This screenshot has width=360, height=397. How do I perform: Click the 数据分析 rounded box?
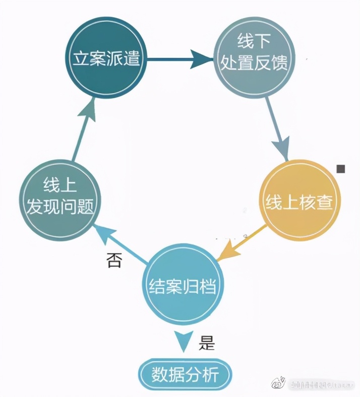185,374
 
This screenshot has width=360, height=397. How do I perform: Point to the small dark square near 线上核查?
341,168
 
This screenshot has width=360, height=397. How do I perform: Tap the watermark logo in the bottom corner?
278,384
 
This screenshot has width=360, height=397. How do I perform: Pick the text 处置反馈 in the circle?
254,63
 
